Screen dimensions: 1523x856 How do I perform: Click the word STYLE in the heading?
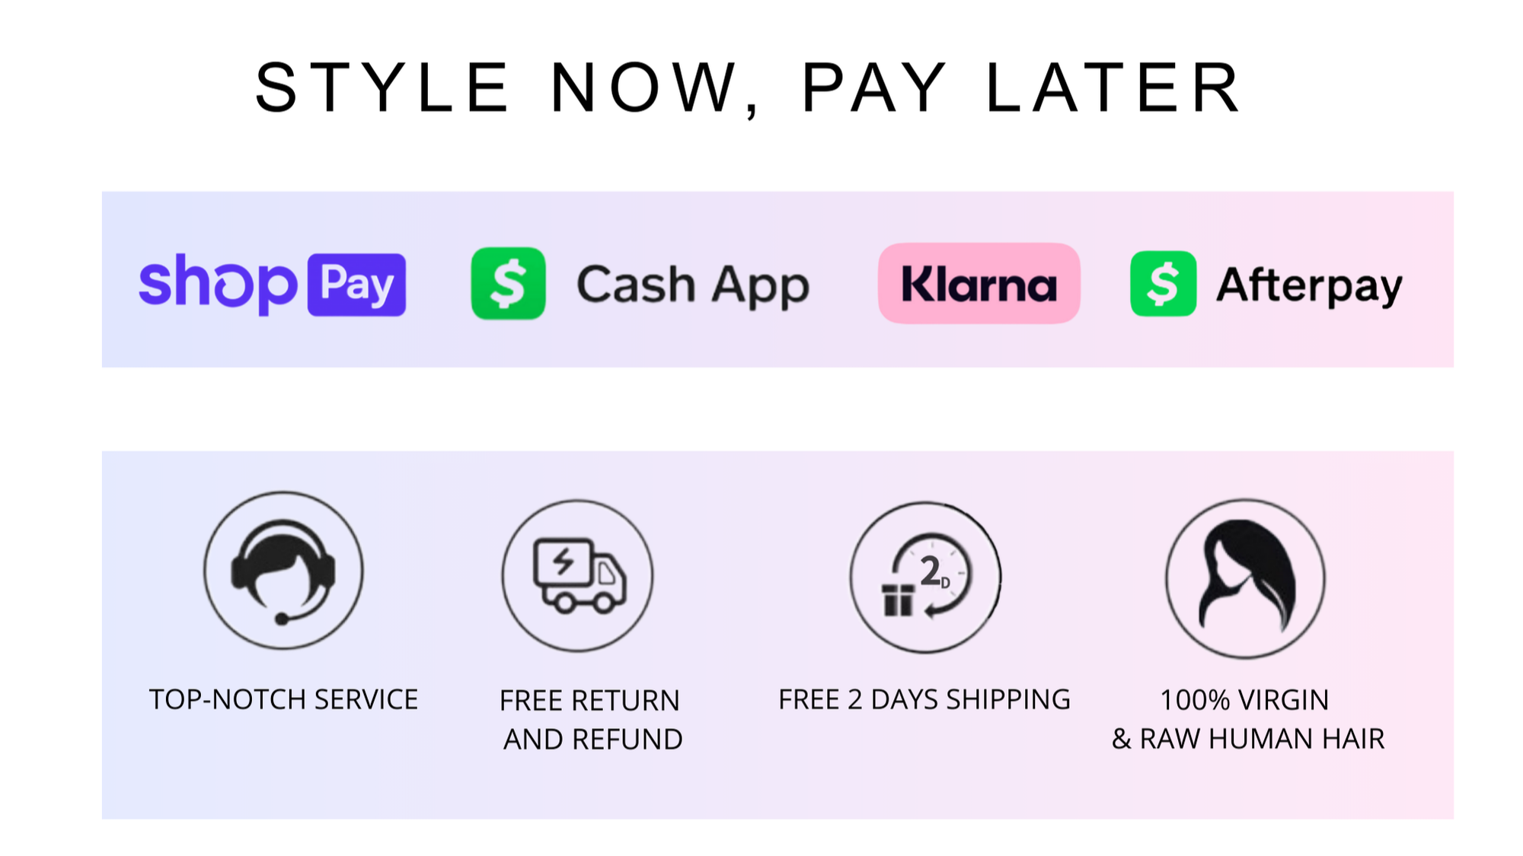382,88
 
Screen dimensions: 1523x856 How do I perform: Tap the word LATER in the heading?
1114,88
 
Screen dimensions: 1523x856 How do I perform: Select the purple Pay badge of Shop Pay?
356,285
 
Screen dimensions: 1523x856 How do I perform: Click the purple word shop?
218,284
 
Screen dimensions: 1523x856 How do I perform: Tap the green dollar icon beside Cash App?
508,283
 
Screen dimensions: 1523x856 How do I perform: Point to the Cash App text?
693,286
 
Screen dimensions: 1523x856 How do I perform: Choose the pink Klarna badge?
979,283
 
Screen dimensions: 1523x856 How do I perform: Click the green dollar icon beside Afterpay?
1164,283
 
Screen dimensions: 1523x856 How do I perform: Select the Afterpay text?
1309,286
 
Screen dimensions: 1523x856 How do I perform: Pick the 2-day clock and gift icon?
925,577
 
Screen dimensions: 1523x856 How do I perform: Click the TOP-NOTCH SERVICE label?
283,699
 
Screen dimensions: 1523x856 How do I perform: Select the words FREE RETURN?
589,700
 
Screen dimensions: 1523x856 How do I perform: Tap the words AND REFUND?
593,739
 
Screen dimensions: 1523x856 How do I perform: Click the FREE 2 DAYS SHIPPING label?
924,699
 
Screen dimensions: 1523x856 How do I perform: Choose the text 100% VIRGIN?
1244,699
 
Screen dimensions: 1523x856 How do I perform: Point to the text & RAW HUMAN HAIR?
1248,738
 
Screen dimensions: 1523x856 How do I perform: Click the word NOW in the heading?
644,88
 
